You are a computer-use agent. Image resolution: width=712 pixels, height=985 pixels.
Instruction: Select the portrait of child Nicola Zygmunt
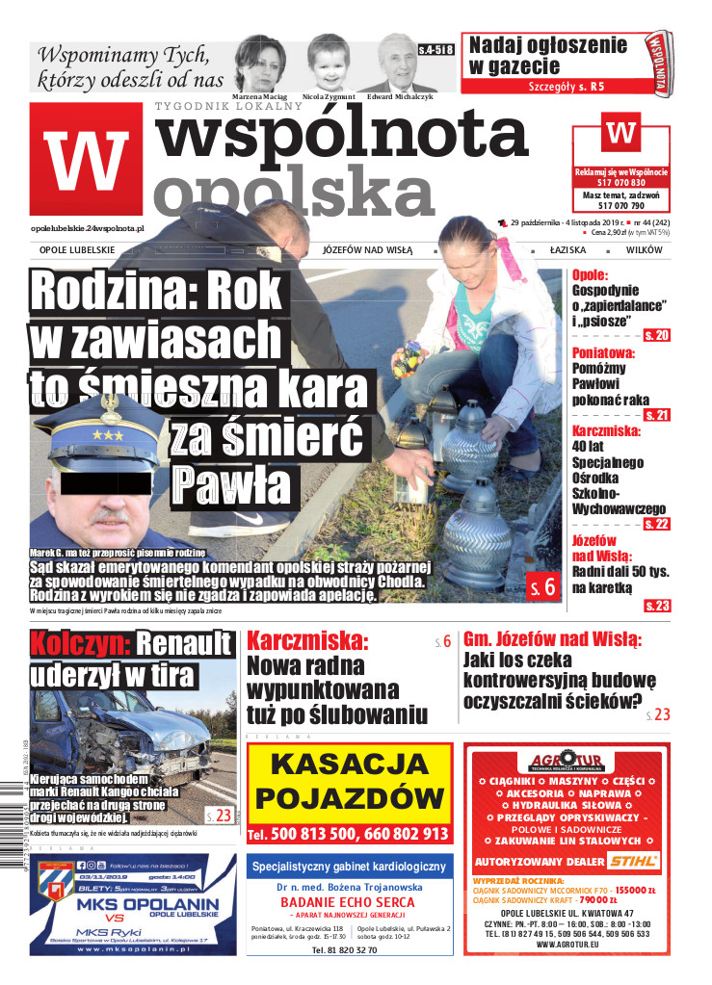[329, 63]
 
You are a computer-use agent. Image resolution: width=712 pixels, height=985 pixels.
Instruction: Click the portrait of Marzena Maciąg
[260, 63]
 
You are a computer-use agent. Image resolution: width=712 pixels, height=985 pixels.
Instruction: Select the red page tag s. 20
[658, 335]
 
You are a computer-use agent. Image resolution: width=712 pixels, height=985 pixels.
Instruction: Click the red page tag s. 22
[656, 524]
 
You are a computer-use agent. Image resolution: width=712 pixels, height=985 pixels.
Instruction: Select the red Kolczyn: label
[79, 644]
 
